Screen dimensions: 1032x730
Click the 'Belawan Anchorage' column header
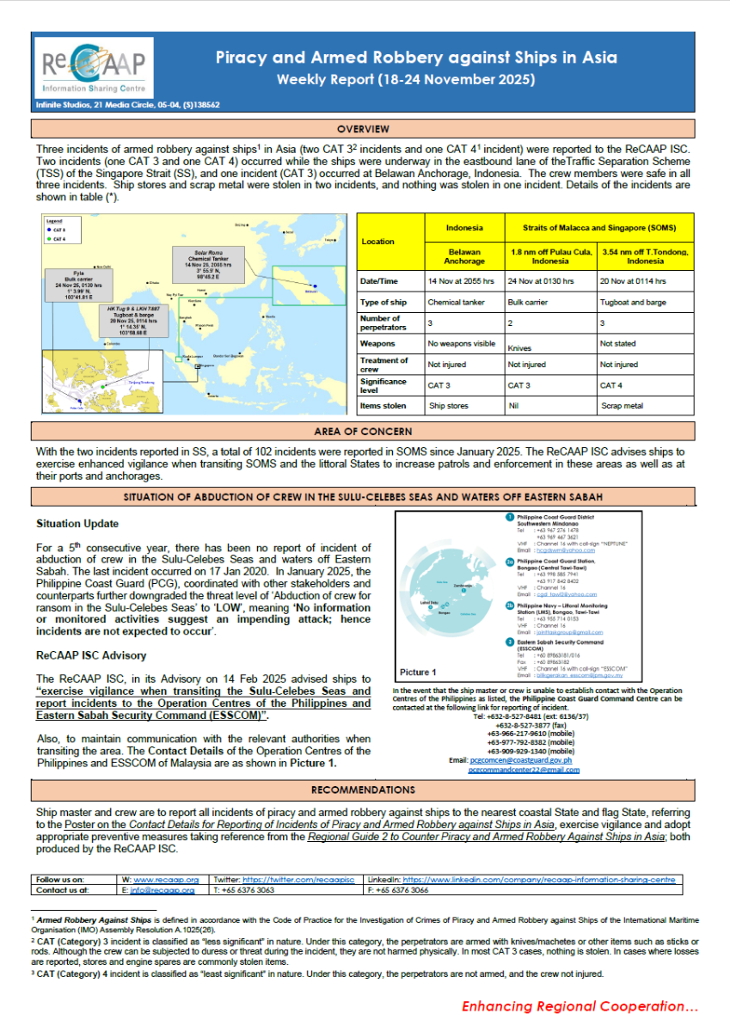(464, 255)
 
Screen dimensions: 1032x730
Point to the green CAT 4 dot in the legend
(51, 239)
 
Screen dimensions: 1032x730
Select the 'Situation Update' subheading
(77, 524)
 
